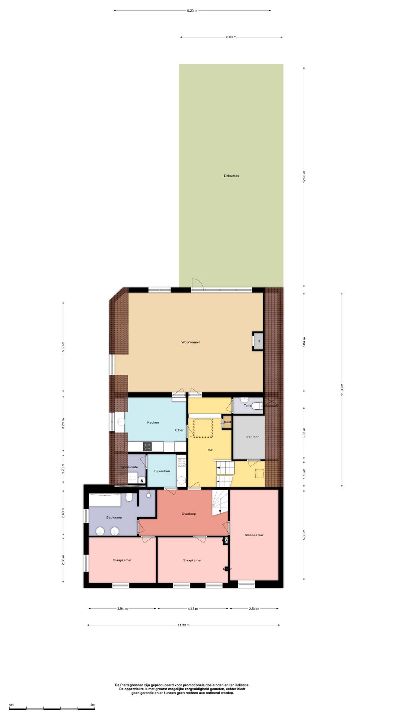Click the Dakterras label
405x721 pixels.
click(x=231, y=176)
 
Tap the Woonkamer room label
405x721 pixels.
click(x=190, y=342)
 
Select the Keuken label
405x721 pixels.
click(x=153, y=422)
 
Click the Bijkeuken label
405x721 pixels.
click(x=162, y=471)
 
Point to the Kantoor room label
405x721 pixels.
click(x=252, y=437)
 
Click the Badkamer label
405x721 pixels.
click(x=114, y=517)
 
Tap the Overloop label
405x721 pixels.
click(x=189, y=514)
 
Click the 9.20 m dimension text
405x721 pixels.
click(x=192, y=11)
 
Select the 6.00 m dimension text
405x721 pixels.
click(x=231, y=37)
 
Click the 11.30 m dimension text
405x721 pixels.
click(x=183, y=625)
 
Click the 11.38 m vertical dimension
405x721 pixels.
click(x=342, y=390)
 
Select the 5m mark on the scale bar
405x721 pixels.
click(x=92, y=705)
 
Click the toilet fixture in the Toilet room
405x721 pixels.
click(x=257, y=406)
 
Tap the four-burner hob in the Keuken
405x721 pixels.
click(x=147, y=446)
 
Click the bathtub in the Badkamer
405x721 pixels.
click(x=105, y=500)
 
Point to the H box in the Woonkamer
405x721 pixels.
click(x=258, y=341)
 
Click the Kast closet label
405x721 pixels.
click(x=227, y=422)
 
